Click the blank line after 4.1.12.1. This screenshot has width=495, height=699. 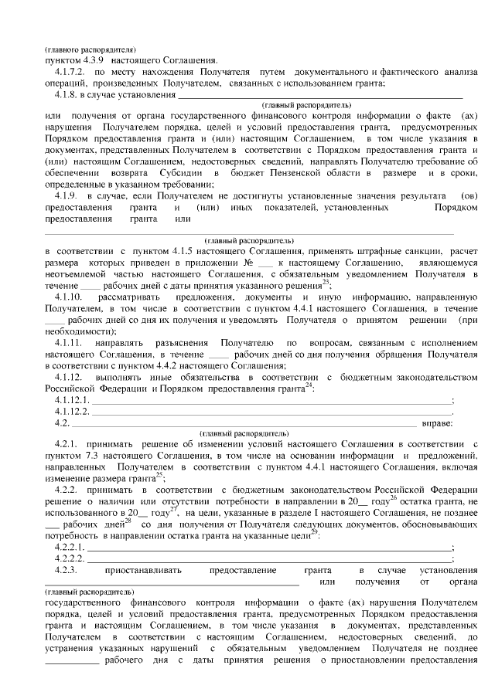click(271, 402)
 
